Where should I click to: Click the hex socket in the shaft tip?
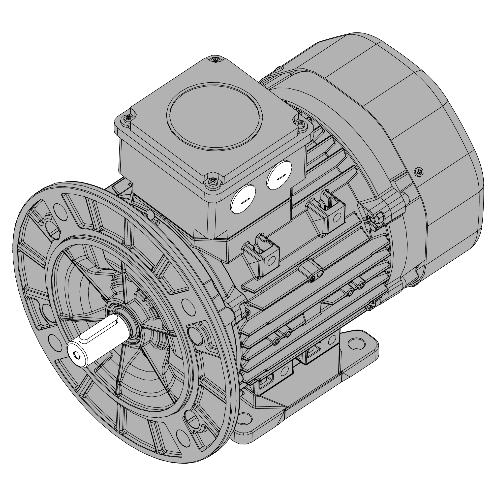click(x=76, y=354)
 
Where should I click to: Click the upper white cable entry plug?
click(x=279, y=175)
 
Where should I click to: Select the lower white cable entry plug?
click(x=243, y=198)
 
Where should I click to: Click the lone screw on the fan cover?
click(x=419, y=172)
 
